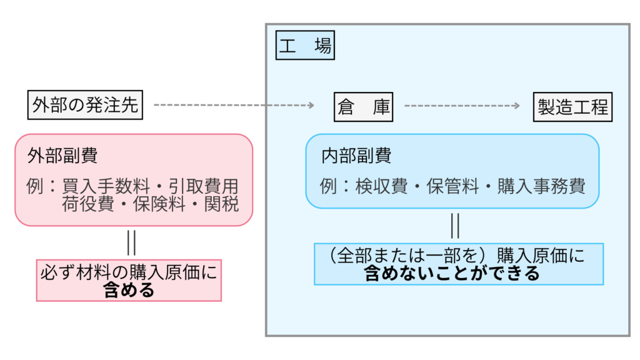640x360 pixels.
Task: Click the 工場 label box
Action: [305, 46]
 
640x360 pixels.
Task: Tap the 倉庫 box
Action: [363, 107]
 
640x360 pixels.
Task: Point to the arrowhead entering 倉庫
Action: [310, 106]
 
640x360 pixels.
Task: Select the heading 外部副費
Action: [62, 156]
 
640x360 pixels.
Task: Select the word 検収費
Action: [382, 186]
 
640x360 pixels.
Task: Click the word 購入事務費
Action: [541, 186]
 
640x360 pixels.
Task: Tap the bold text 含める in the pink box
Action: [129, 290]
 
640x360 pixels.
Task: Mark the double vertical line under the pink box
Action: [131, 242]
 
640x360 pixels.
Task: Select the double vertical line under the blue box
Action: [455, 225]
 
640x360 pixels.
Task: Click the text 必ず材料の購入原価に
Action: [129, 272]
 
